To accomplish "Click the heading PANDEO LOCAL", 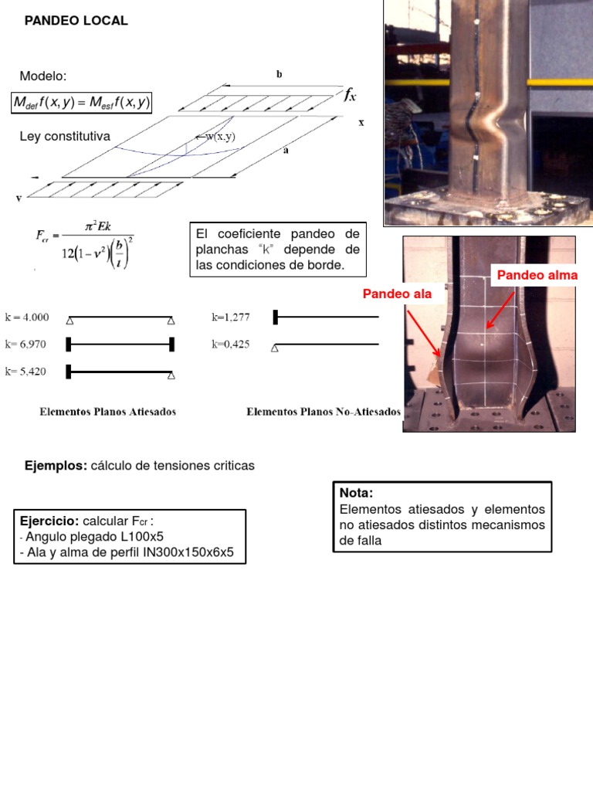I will (76, 21).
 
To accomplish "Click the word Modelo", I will (43, 76).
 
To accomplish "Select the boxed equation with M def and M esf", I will (82, 103).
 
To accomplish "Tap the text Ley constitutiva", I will (65, 137).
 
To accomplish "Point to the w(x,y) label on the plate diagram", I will (219, 137).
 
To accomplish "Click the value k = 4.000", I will (27, 317).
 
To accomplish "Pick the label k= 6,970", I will (26, 344).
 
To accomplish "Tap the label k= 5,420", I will (26, 372).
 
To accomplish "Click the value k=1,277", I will (230, 317).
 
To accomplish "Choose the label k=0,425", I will (230, 345).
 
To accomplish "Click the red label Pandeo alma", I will (537, 275).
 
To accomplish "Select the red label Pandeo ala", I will (398, 294).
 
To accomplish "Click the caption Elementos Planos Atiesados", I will (108, 412).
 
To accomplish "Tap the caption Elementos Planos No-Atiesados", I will (323, 412).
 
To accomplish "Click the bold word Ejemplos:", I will (56, 466).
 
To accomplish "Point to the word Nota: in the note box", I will (356, 493).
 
